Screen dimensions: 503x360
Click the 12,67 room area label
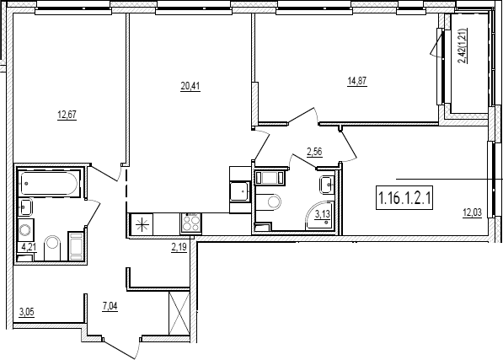coord(67,115)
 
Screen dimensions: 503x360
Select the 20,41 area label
coord(190,87)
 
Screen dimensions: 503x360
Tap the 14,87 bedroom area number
coord(356,81)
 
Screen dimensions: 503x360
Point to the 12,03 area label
coord(472,213)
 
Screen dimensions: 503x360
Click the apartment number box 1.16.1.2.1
coord(404,198)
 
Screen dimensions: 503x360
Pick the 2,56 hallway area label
coord(314,152)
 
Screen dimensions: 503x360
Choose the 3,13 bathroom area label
coord(322,214)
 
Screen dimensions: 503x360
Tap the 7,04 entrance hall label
coord(110,306)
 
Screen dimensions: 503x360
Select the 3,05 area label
coord(26,312)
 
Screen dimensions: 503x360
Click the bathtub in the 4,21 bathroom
coord(48,183)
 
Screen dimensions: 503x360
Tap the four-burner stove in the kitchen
coord(191,223)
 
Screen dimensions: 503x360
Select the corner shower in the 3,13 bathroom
coord(321,216)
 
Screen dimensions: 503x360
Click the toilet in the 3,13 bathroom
coord(268,201)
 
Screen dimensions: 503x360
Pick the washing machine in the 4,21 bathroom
coord(25,229)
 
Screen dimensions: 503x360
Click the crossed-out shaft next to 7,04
coord(179,314)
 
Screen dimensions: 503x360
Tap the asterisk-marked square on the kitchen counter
coord(142,224)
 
